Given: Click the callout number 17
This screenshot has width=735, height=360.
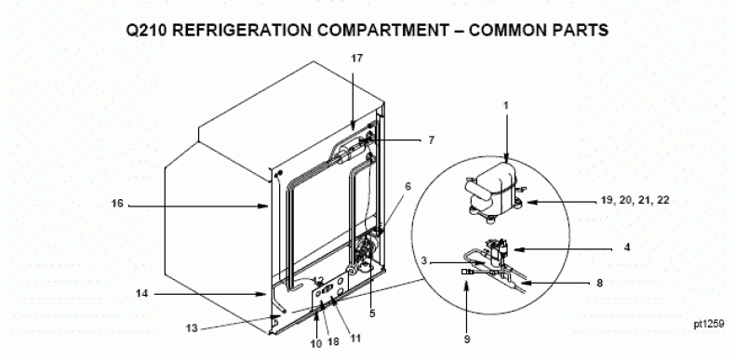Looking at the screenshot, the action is tap(357, 58).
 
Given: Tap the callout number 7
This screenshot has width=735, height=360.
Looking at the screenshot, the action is tap(432, 140).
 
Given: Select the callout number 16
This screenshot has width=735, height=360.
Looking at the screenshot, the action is tap(117, 204).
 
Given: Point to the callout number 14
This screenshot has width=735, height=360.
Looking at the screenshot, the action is tap(142, 293).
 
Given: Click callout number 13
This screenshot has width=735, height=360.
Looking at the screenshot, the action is tap(192, 328).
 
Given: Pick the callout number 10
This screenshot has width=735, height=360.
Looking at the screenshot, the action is tap(316, 343).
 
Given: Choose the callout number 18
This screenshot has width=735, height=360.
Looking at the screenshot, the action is tap(333, 341).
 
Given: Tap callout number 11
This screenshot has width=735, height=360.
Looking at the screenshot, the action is tap(355, 338).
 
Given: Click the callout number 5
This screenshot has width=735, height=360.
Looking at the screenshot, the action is tap(372, 313).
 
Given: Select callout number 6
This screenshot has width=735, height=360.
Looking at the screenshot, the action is tap(408, 187).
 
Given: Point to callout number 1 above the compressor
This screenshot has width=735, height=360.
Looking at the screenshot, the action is tap(506, 106).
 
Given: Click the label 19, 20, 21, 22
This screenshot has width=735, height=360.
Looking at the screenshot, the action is tap(635, 200).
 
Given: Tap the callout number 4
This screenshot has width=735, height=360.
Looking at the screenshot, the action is tap(627, 247).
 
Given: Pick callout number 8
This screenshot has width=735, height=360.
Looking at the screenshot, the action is tap(599, 283).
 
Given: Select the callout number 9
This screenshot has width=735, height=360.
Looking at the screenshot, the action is tap(467, 340).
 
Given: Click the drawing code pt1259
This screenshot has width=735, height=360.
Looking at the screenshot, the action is tap(709, 324).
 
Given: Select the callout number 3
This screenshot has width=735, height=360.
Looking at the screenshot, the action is tap(423, 261).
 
